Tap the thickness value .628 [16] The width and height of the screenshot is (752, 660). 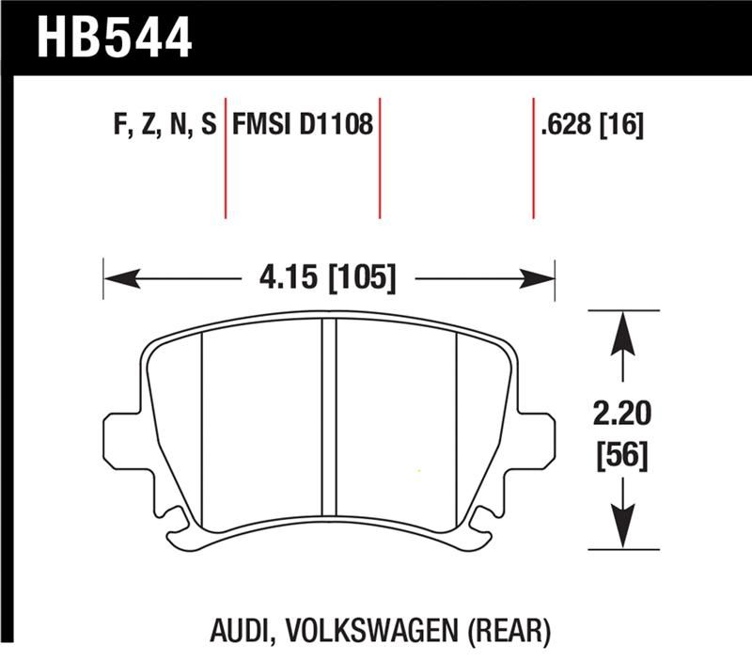pos(592,125)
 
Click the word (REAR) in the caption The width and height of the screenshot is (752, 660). pos(509,628)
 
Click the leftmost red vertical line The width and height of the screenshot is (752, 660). pos(226,155)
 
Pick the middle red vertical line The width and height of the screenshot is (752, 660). pos(380,155)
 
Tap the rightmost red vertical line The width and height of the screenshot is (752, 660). pos(533,155)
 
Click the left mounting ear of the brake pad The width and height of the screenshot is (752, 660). pos(120,433)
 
